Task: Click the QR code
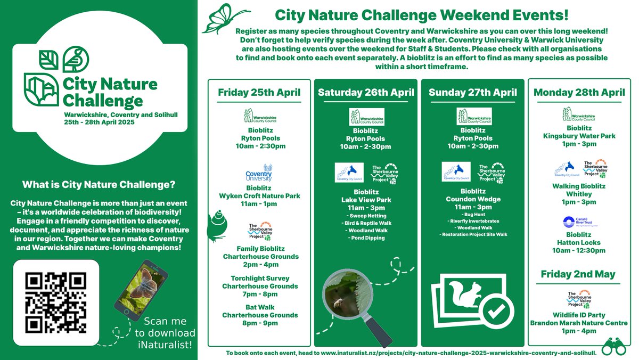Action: [x=55, y=302]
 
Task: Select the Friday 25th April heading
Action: [x=259, y=92]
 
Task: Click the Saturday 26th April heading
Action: [x=366, y=92]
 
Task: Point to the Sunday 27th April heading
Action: [x=472, y=92]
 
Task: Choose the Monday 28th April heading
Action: [x=579, y=92]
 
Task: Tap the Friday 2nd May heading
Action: [x=578, y=274]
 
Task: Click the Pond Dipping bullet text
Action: [x=366, y=238]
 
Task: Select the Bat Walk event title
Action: [x=259, y=307]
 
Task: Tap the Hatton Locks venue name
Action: [x=578, y=242]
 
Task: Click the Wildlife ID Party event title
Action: [x=578, y=315]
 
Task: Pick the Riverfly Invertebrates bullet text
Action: [x=473, y=219]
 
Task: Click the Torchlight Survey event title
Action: [x=259, y=278]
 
